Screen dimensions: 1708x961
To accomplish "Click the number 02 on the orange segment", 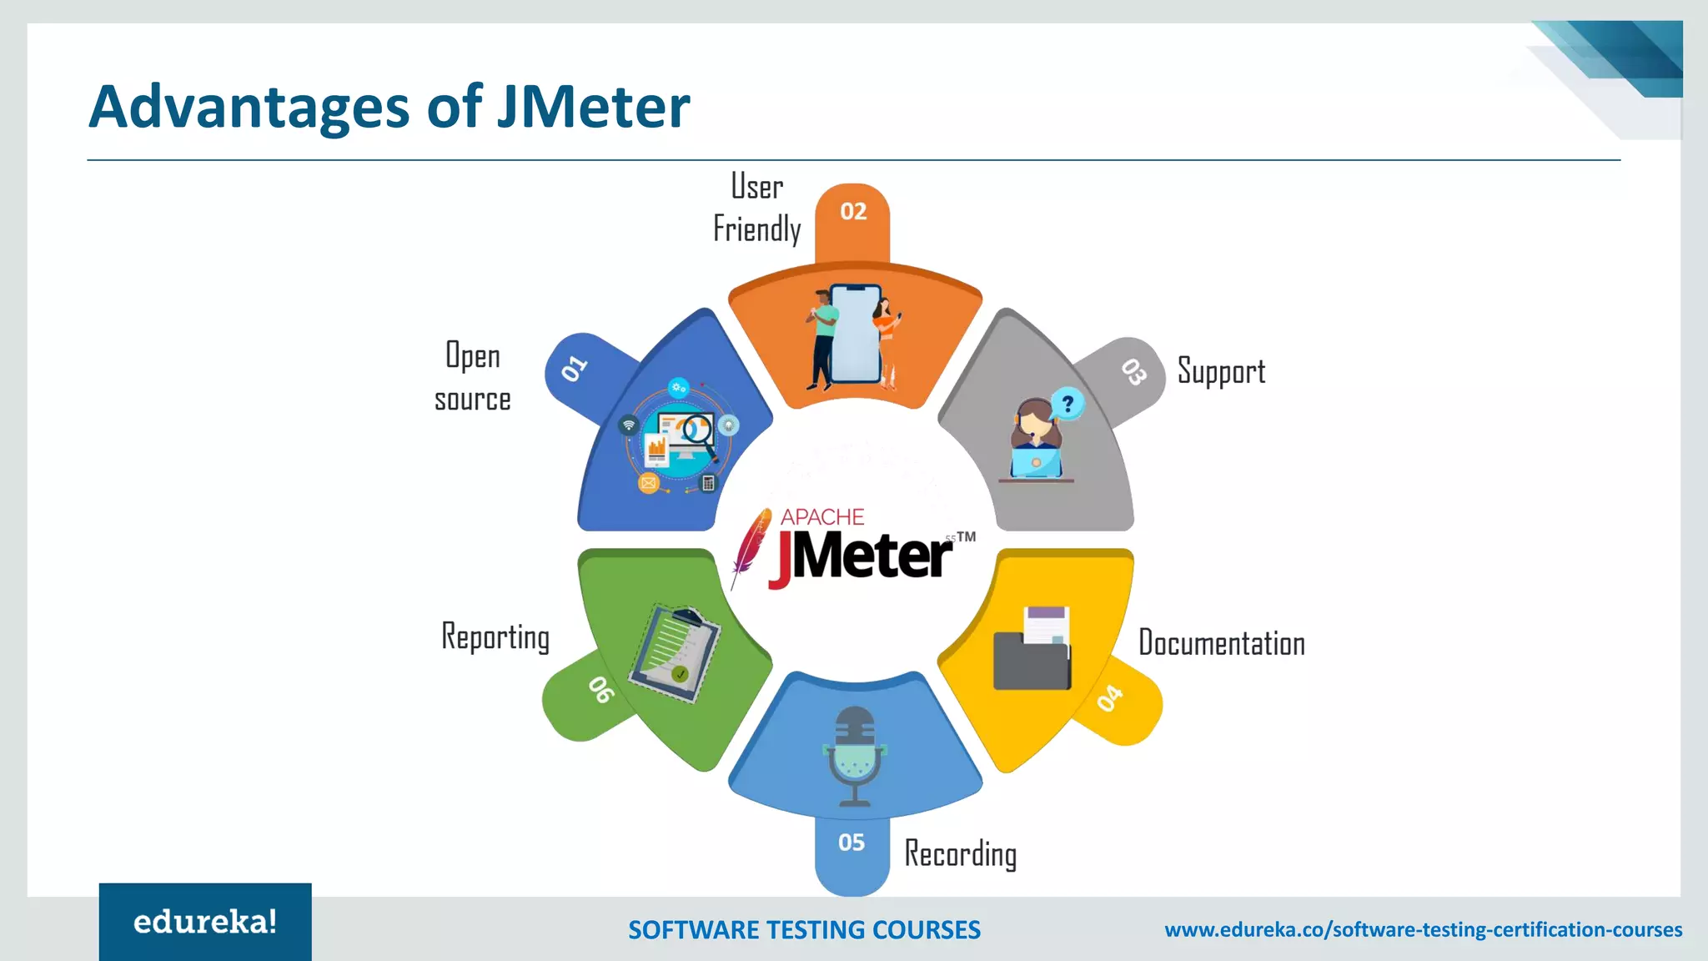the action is [853, 212].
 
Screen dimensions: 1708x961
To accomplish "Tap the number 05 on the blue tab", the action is [851, 843].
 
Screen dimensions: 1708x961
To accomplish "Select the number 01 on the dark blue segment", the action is [575, 368].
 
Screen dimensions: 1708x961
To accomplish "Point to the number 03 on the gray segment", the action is [1133, 371].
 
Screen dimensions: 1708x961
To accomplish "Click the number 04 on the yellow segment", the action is [1110, 698].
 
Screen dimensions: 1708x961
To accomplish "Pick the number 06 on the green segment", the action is [601, 690].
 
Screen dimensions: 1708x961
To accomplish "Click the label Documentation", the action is [1222, 644].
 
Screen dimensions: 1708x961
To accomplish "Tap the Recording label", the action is [961, 854].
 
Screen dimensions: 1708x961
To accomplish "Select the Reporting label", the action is [495, 637].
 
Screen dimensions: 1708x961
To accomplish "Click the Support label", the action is [1221, 372].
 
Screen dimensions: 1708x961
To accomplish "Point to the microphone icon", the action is [855, 755].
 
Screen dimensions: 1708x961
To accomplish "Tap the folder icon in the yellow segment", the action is [1032, 651].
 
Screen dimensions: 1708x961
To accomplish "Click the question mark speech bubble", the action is [1067, 405].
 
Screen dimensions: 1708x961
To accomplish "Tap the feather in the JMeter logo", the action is [750, 546].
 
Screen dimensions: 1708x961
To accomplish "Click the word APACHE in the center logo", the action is [822, 517].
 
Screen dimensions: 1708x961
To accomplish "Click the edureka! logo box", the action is [205, 922].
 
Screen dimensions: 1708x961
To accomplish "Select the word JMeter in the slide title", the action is [593, 107].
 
